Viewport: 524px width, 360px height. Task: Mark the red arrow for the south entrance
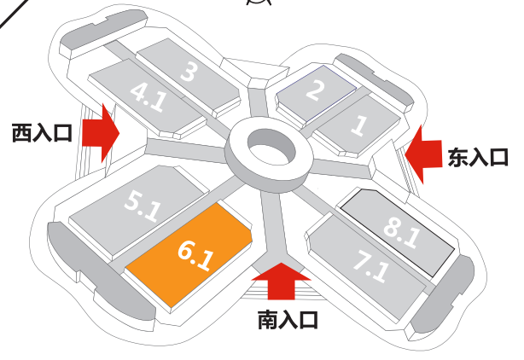[x=281, y=282]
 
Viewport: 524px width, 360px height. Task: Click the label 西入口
[x=43, y=133]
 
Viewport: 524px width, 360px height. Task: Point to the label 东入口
[x=478, y=157]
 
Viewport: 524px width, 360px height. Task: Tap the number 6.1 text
[x=195, y=254]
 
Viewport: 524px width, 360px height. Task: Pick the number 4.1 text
[x=148, y=96]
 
